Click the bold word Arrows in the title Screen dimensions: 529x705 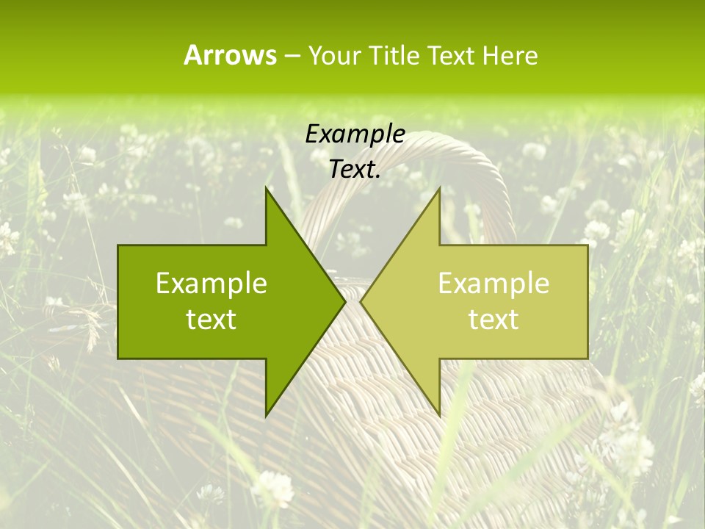coord(230,55)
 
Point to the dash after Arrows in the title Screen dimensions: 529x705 coord(292,57)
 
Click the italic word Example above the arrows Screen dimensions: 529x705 coord(355,134)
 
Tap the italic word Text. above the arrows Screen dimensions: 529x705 coord(355,169)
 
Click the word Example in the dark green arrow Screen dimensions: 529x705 coord(211,283)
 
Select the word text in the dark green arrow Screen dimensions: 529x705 coord(211,319)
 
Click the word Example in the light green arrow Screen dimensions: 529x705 coord(493,283)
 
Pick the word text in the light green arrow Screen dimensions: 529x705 coord(493,319)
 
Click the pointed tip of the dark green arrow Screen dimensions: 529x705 coord(345,302)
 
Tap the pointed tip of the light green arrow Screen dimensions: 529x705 coord(361,302)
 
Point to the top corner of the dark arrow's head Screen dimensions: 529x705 coord(267,188)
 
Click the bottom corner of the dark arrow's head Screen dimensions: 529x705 coord(267,416)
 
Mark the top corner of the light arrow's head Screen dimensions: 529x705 coord(439,188)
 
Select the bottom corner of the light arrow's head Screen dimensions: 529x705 coord(439,416)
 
